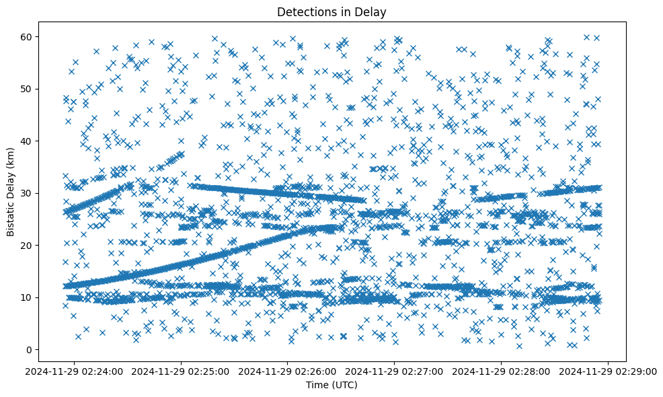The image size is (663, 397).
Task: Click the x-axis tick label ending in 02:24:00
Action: coord(75,371)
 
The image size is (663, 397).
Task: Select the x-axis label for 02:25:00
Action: coord(182,371)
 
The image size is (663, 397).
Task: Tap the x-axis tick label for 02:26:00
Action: coord(288,371)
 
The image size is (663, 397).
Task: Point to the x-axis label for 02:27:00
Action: coord(395,371)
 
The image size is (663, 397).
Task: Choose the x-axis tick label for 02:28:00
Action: coord(502,371)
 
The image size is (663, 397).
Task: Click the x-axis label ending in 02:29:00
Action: coord(609,371)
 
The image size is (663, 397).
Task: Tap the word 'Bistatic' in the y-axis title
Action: coord(11,215)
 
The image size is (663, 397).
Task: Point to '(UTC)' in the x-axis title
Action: coord(346,385)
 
